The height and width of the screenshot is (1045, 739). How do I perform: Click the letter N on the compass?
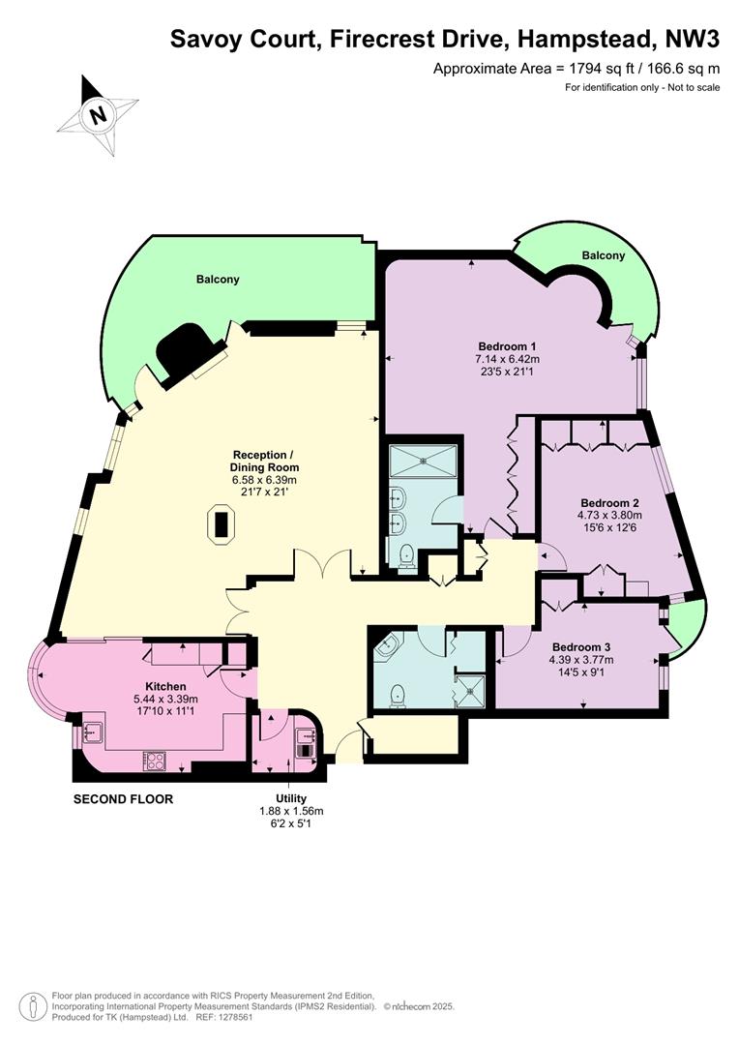(x=99, y=115)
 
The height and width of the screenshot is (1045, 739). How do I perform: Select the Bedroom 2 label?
(x=609, y=502)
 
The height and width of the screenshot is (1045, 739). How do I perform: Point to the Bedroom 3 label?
(x=581, y=647)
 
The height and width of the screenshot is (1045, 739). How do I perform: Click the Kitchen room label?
(x=166, y=686)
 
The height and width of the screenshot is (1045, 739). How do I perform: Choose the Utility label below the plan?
(x=291, y=798)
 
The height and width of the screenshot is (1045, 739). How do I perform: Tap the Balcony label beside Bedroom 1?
(x=603, y=255)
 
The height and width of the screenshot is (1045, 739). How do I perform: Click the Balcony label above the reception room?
(x=218, y=280)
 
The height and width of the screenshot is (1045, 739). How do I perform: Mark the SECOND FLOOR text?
(x=123, y=799)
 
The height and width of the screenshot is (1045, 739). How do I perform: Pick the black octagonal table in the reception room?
(x=221, y=525)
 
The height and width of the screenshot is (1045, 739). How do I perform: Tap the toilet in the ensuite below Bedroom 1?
(x=405, y=557)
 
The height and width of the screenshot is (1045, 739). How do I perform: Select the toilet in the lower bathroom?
(x=399, y=695)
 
